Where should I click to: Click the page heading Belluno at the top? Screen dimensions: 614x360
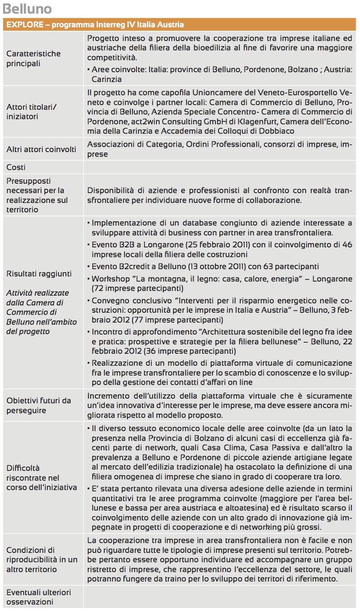click(27, 9)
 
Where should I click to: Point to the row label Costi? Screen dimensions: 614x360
click(16, 167)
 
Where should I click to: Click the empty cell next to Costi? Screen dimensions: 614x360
click(219, 167)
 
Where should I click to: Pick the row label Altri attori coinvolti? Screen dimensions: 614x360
click(41, 149)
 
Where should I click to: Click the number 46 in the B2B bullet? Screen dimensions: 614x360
click(347, 245)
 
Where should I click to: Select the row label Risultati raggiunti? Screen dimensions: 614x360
click(39, 274)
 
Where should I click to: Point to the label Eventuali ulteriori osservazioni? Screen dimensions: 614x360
click(38, 597)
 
